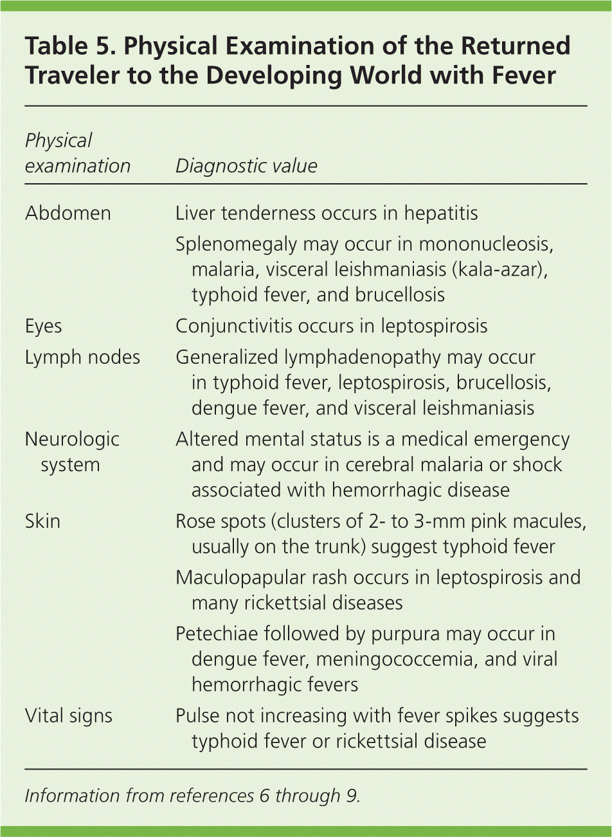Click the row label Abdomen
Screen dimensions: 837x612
(x=67, y=213)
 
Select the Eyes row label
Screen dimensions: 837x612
(x=43, y=325)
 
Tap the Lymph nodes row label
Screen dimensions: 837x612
(x=82, y=357)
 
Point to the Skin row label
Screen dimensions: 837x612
(x=42, y=521)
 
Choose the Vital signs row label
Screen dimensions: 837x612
(x=68, y=715)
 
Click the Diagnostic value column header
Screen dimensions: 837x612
(x=246, y=166)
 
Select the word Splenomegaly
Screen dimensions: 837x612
(x=236, y=244)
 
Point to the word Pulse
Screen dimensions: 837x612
(x=197, y=715)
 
